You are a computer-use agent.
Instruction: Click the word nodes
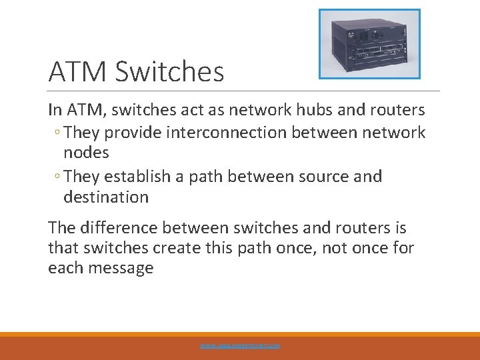(x=86, y=153)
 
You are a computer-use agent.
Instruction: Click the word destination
(x=106, y=197)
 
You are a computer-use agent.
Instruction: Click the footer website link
(x=240, y=346)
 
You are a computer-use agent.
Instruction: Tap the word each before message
(x=63, y=269)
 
